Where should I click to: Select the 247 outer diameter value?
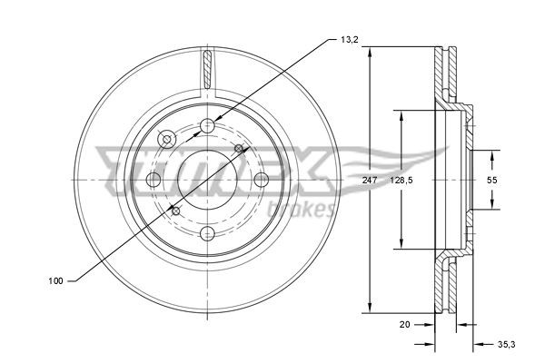point(369,181)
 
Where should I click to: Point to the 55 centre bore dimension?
point(491,181)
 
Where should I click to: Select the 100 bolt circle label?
point(56,282)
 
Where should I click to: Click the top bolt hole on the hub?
point(208,125)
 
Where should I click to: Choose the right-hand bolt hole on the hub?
point(262,179)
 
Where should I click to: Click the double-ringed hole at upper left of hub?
point(167,139)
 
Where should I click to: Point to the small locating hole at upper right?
point(240,148)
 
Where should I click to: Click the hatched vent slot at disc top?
point(208,68)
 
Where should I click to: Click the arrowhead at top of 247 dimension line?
point(369,51)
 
